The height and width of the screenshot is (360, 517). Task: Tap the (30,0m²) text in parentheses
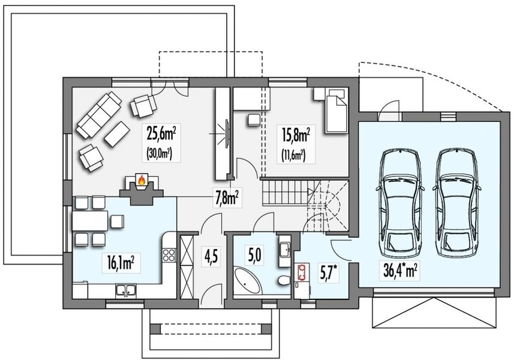click(x=158, y=154)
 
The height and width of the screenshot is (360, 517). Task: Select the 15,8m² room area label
click(x=296, y=134)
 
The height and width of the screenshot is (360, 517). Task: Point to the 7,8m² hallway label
click(x=227, y=199)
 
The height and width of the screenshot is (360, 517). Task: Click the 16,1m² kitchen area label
click(x=121, y=263)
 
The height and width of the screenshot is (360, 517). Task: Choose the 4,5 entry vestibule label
click(x=211, y=256)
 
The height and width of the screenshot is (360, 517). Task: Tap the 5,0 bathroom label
click(x=256, y=255)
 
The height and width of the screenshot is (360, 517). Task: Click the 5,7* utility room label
click(x=329, y=272)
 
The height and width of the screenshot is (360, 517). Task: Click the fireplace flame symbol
click(x=142, y=180)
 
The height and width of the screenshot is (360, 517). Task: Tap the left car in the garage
click(x=400, y=202)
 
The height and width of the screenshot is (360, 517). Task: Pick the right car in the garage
click(x=456, y=202)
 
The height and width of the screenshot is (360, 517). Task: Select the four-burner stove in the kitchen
click(x=169, y=255)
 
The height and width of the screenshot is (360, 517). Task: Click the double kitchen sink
click(x=125, y=290)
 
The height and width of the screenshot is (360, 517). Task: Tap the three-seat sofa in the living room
click(x=98, y=114)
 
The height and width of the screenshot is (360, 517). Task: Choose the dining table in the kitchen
click(x=90, y=221)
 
